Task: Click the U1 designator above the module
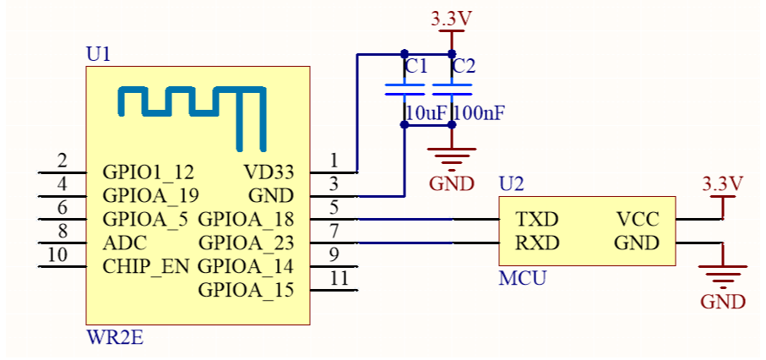98,54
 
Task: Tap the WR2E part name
115,337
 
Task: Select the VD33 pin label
269,172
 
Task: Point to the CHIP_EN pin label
145,267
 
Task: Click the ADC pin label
125,243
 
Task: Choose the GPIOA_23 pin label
247,243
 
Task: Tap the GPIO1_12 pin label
149,172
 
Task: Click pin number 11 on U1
339,278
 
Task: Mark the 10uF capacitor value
426,113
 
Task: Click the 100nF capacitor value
478,113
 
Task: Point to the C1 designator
416,66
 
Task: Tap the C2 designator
464,66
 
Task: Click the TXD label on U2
537,220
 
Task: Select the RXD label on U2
537,243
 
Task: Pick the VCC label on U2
638,220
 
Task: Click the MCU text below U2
522,278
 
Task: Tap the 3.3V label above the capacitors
451,19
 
